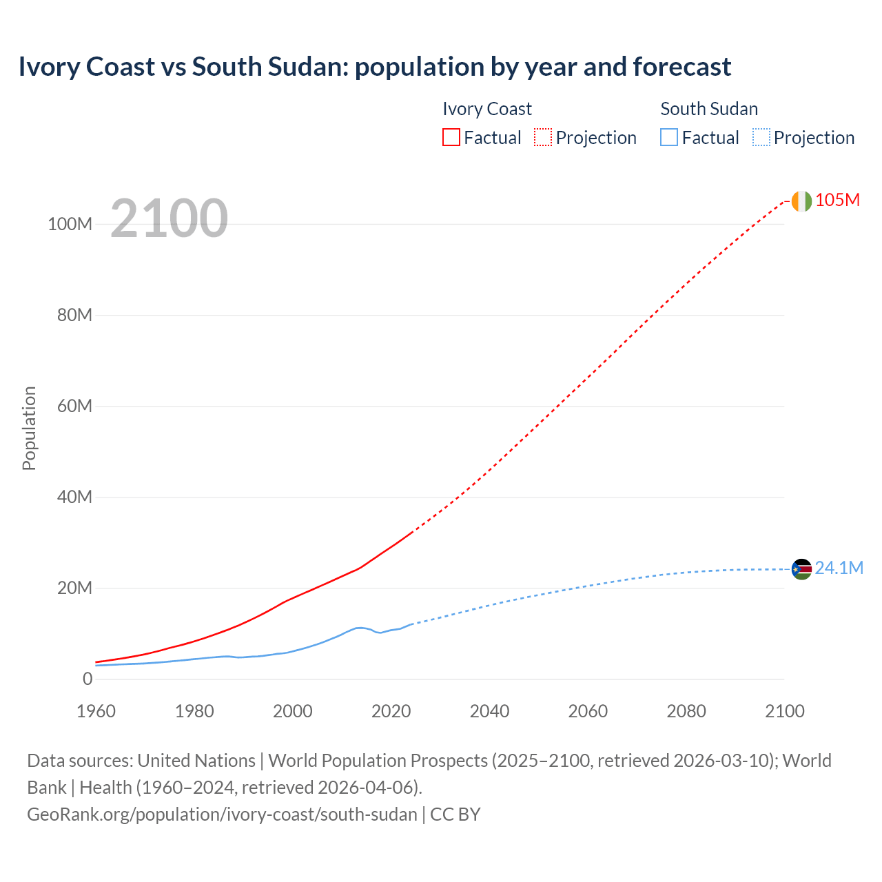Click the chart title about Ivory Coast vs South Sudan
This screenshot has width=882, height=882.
374,67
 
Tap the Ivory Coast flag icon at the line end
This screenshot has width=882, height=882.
801,201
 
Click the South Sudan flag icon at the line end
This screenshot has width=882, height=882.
801,569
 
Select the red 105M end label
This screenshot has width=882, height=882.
837,201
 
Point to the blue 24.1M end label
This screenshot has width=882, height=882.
839,568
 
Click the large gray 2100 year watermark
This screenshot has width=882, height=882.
169,218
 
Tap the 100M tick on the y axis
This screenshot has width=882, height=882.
70,225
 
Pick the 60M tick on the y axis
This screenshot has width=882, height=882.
74,406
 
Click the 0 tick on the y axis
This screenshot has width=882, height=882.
88,679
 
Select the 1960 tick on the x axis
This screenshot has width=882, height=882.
96,711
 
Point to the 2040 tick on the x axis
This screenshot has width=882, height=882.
489,711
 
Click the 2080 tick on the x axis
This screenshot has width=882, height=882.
686,711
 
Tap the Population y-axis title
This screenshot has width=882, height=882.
29,428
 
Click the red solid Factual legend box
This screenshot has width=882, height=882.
451,138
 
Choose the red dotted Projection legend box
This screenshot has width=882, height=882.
543,138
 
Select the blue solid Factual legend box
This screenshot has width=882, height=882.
669,138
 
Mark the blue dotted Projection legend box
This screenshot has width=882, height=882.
761,138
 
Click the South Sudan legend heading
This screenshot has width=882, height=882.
709,109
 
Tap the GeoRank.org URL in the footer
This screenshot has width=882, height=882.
222,814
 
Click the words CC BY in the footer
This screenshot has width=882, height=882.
455,814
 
